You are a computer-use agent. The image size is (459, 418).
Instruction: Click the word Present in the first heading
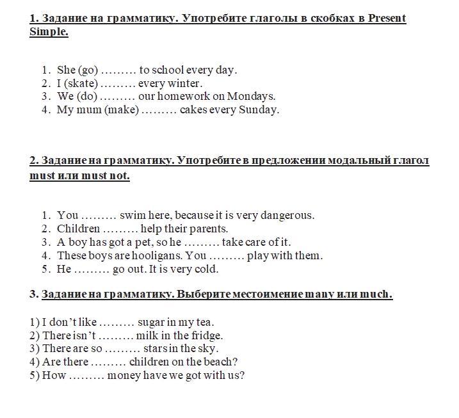(387, 18)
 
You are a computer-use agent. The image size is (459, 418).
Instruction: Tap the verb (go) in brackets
(88, 70)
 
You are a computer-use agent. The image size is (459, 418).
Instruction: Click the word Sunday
(259, 109)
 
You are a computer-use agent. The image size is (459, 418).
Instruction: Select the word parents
(206, 229)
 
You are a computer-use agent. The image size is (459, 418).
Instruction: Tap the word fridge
(206, 335)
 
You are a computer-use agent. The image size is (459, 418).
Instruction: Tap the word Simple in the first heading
(49, 32)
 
